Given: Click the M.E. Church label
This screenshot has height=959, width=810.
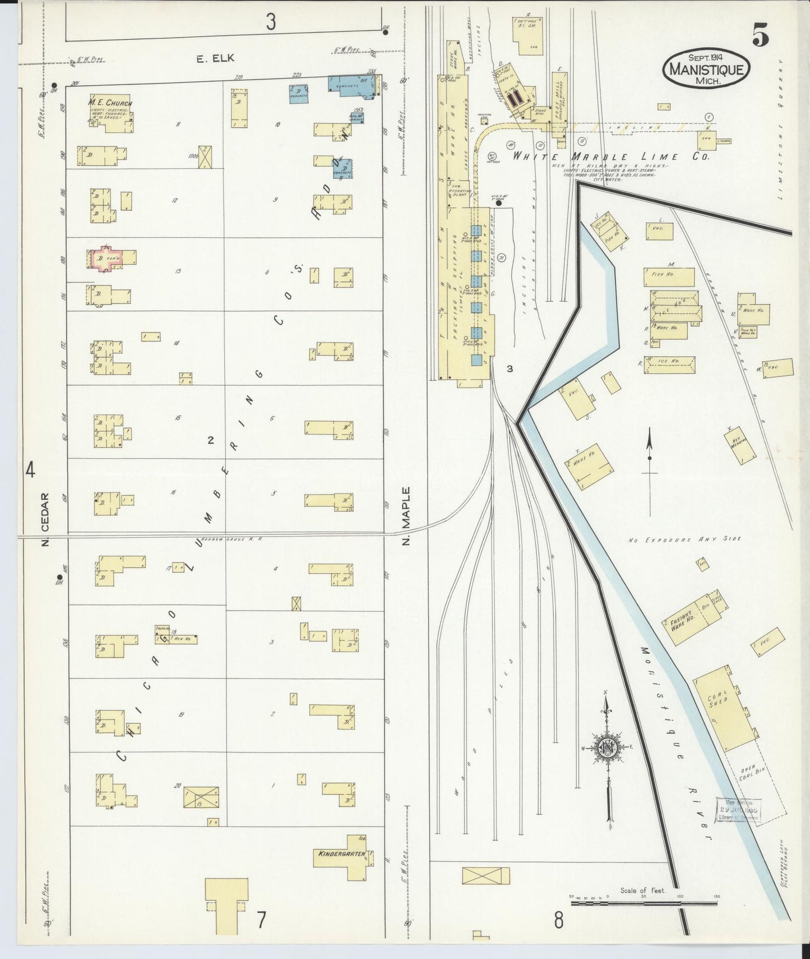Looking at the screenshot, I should [110, 103].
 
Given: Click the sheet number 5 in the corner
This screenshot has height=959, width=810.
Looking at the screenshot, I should [760, 37].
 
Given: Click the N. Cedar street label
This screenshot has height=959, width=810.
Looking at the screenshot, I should [45, 519].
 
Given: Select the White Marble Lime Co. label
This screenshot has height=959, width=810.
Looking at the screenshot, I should [611, 157].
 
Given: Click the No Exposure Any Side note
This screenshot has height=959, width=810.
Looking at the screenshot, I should [684, 539].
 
